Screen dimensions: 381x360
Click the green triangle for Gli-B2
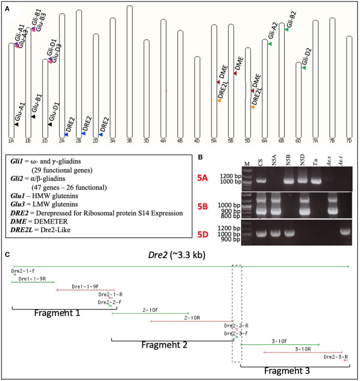coord(286,29)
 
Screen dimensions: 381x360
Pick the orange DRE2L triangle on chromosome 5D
coord(253,107)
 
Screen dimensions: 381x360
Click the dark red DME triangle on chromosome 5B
coord(235,73)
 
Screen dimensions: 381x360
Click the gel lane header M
coord(247,164)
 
